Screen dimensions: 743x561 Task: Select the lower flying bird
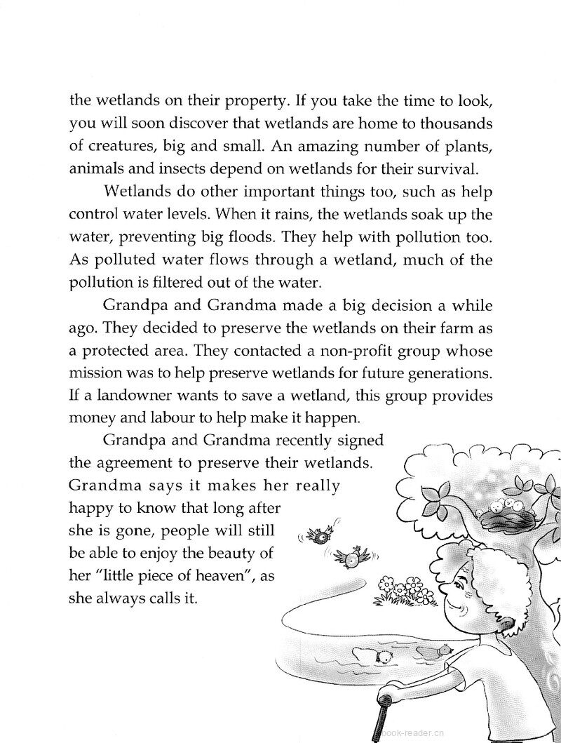[350, 558]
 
